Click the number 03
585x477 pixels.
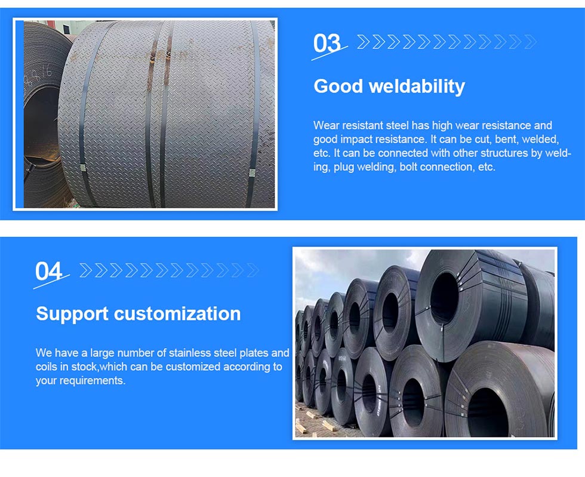click(x=327, y=44)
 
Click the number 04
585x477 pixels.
click(x=49, y=271)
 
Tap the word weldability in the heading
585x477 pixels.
click(x=417, y=86)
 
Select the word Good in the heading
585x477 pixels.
click(x=338, y=86)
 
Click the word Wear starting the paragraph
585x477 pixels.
click(x=326, y=125)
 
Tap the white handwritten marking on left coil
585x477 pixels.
click(x=38, y=78)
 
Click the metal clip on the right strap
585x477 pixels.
click(x=251, y=174)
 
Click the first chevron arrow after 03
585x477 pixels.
click(x=363, y=42)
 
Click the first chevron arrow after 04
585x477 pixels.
click(x=85, y=270)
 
